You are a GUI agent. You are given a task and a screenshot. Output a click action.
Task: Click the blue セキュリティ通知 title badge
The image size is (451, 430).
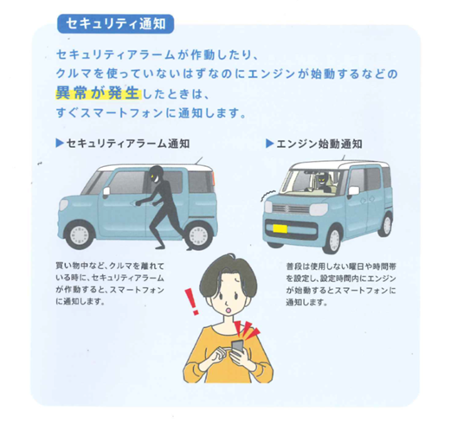(x=116, y=23)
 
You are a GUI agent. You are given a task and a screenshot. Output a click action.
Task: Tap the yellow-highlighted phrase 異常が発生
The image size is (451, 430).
(x=98, y=93)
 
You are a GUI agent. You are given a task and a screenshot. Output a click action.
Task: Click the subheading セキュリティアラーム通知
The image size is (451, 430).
(x=128, y=144)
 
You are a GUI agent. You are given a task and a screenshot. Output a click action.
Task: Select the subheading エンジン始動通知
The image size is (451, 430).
(x=319, y=144)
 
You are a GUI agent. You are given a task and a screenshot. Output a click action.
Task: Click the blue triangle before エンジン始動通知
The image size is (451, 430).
(x=269, y=144)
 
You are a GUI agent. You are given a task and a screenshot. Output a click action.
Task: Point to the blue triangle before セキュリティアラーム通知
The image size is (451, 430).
(x=60, y=143)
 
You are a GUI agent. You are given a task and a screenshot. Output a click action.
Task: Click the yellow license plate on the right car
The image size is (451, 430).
(x=280, y=228)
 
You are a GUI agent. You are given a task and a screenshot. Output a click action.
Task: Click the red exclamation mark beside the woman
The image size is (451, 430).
(x=191, y=302)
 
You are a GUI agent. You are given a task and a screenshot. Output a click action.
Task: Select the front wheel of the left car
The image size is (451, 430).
(x=80, y=234)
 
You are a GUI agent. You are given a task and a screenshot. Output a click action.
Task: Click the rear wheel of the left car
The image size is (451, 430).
(x=198, y=234)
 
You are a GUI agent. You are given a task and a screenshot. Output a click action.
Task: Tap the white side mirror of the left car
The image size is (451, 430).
(x=106, y=191)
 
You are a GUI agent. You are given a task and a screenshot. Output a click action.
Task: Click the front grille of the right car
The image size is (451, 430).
(x=291, y=209)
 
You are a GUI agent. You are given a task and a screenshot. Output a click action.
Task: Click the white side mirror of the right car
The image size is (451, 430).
(x=354, y=190)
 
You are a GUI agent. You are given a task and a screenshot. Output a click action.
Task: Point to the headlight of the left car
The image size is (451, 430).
(x=63, y=206)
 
